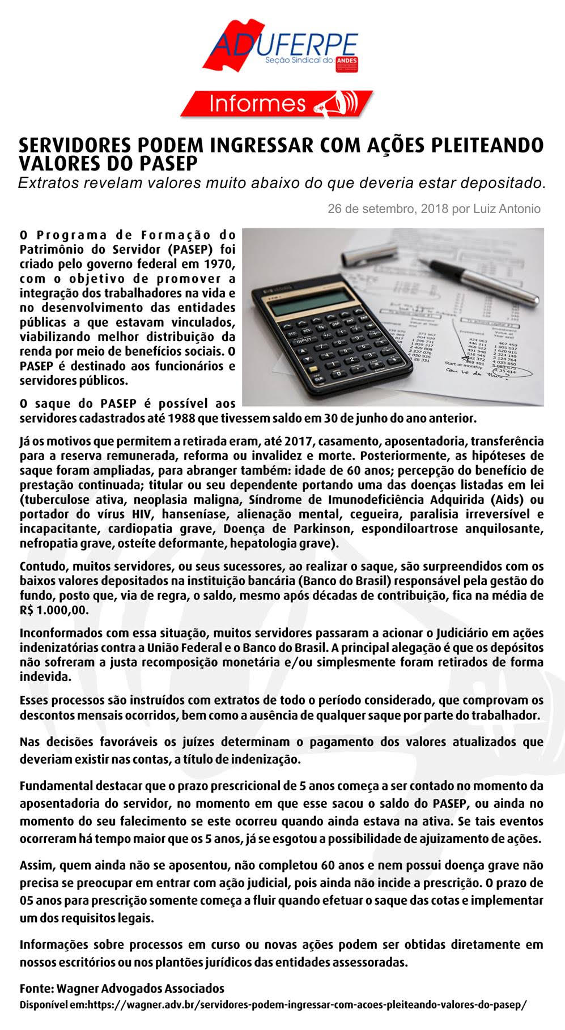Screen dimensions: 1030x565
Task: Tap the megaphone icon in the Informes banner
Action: click(x=342, y=104)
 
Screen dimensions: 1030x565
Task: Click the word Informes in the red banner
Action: click(x=257, y=104)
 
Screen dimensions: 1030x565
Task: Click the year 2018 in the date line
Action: click(x=435, y=209)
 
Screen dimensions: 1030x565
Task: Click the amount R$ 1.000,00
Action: click(x=54, y=610)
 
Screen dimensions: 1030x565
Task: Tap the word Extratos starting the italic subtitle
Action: click(x=45, y=182)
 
